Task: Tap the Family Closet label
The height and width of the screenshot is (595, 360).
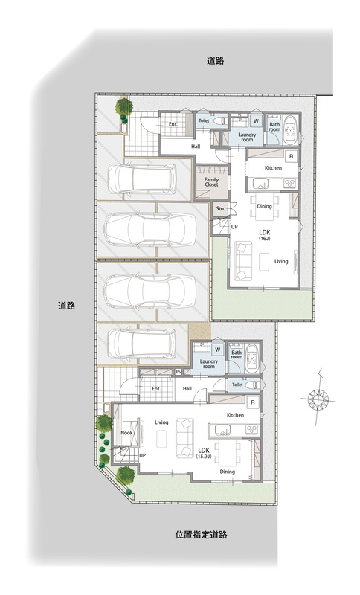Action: tap(211, 181)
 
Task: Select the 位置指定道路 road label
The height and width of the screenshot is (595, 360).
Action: tap(202, 535)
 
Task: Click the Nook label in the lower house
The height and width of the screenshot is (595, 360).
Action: tap(126, 433)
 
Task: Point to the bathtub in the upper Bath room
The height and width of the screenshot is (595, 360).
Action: tap(291, 131)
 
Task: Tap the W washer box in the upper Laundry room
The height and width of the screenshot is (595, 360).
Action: tap(256, 121)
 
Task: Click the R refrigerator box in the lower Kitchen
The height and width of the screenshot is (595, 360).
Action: tap(253, 402)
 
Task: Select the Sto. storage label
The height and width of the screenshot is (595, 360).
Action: tap(220, 209)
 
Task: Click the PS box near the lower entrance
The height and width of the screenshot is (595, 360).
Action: tap(178, 372)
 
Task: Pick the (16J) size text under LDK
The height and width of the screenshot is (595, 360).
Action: tap(264, 239)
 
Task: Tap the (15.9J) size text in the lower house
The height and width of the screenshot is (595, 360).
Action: tap(204, 457)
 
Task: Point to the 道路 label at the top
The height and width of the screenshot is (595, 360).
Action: tap(216, 60)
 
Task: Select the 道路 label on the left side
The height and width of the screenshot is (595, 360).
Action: tap(66, 306)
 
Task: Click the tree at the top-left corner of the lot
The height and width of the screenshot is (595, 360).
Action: tap(124, 106)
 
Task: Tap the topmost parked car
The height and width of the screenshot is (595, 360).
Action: tap(142, 178)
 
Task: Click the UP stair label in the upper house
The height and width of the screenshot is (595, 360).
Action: tap(234, 227)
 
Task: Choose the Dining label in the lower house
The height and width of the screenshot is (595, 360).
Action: tap(227, 472)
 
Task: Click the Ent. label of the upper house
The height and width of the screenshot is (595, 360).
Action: tap(173, 124)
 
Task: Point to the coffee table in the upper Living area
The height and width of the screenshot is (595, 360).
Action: tap(264, 262)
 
